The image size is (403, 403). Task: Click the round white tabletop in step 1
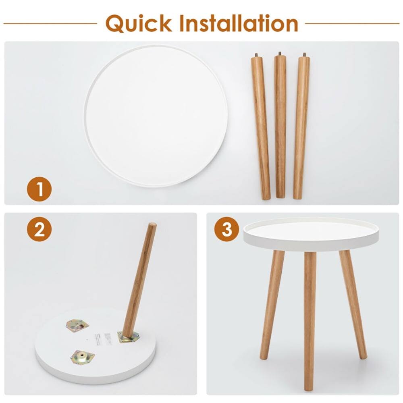coord(156,116)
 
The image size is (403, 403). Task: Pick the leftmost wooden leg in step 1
coord(261,129)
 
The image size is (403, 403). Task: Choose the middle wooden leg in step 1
coord(280,127)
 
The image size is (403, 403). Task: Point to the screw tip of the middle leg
coord(280,53)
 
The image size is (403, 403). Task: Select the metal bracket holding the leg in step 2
coord(128,337)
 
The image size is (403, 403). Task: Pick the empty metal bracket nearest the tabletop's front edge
coord(83,357)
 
